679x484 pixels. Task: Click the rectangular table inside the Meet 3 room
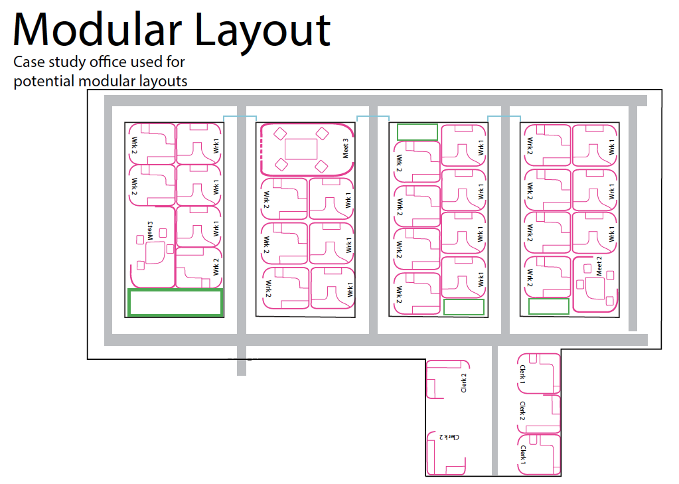tap(301, 148)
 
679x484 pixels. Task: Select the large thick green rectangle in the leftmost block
tap(175, 302)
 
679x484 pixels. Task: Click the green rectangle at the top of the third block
tap(417, 131)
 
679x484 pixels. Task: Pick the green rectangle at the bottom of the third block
tap(463, 307)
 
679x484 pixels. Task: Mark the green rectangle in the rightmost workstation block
tap(548, 306)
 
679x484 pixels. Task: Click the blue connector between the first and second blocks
tap(239, 117)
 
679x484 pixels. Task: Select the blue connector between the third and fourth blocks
tap(504, 117)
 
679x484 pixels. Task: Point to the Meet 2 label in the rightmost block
tap(599, 266)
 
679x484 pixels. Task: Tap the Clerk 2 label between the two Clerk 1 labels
tap(523, 410)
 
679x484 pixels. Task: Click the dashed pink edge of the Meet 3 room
tap(263, 149)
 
